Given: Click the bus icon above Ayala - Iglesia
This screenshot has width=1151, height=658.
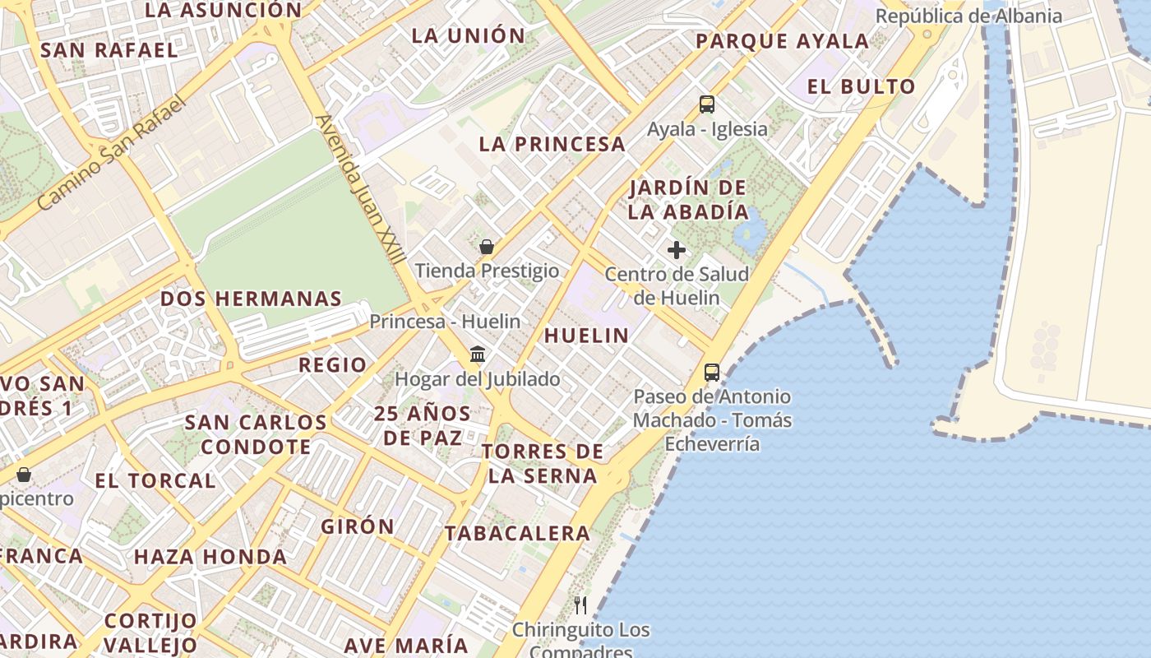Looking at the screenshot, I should (707, 104).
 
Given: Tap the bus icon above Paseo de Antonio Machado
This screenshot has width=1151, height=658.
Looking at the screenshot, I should (712, 373).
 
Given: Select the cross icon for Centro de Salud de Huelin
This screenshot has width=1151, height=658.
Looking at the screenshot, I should (677, 250).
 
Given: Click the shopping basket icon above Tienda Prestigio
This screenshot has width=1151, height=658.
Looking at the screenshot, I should (487, 247).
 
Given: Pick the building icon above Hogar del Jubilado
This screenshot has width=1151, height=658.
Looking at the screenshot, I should (478, 354).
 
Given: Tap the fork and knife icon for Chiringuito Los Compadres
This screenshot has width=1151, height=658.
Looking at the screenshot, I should (581, 606).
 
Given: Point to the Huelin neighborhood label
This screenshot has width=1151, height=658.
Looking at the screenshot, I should (586, 336).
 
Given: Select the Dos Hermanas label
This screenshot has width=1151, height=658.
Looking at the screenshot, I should (251, 299).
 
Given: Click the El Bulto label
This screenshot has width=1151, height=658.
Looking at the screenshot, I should (861, 87).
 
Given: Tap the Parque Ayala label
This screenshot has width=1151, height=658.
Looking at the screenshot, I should (782, 41).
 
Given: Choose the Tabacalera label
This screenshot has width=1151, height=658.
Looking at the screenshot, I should (518, 534).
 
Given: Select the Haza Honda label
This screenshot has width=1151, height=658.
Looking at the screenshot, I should (210, 557).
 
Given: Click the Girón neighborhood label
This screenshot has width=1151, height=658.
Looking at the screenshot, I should (358, 526).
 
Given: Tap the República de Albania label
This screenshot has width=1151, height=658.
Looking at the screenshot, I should (968, 16).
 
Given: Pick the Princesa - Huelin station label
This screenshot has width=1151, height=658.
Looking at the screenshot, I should (445, 322).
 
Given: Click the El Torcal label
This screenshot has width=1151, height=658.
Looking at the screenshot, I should (155, 481).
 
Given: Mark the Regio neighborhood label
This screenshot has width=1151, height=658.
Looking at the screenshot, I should (332, 365).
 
